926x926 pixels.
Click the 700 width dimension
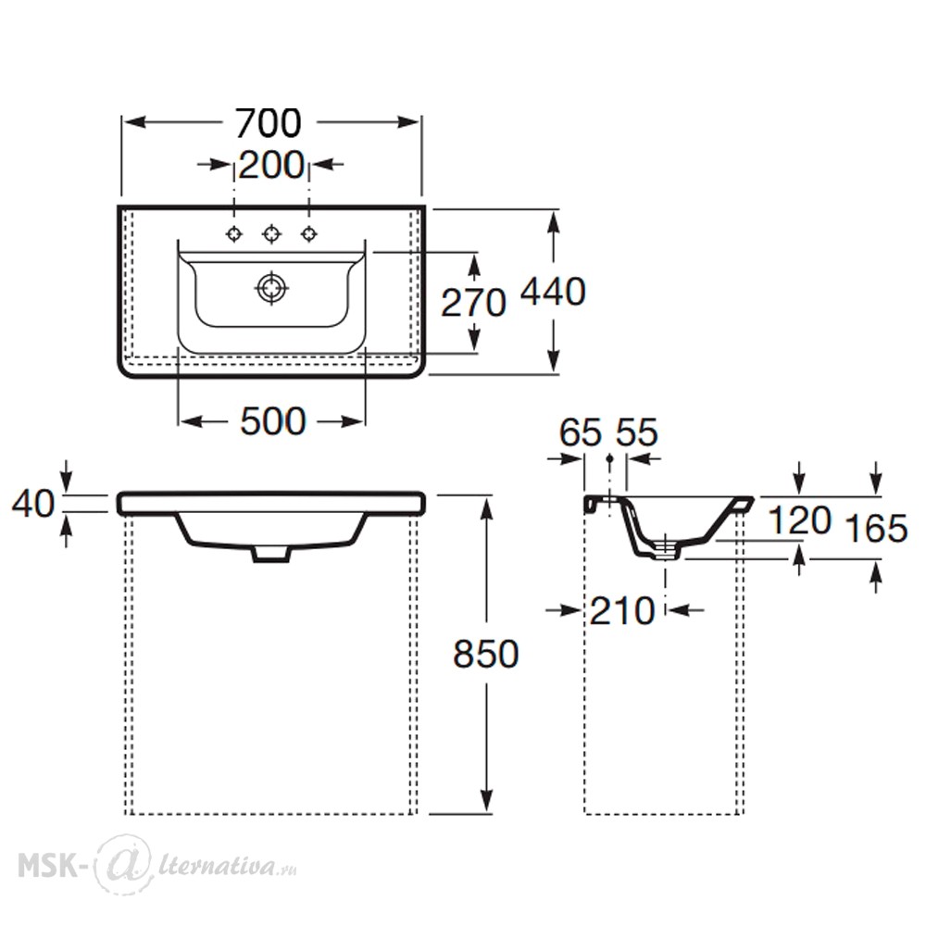click(269, 123)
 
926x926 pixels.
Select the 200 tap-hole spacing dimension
click(271, 165)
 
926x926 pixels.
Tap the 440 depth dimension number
click(553, 291)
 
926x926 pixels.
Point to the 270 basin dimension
click(473, 303)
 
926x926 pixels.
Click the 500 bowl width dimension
click(273, 421)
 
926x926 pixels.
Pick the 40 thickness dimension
click(33, 504)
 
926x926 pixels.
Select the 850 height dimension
click(486, 654)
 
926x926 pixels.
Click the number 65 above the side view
click(581, 432)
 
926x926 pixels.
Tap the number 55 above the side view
click(637, 432)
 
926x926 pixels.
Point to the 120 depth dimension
click(800, 520)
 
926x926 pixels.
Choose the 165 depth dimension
click(876, 528)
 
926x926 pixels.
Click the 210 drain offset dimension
click(622, 610)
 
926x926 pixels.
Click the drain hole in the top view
click(271, 288)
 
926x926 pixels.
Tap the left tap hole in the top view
click(234, 234)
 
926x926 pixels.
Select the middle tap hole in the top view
click(271, 234)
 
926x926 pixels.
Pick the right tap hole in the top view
click(309, 234)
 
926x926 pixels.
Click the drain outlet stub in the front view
click(271, 553)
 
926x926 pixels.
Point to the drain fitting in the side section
click(666, 547)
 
